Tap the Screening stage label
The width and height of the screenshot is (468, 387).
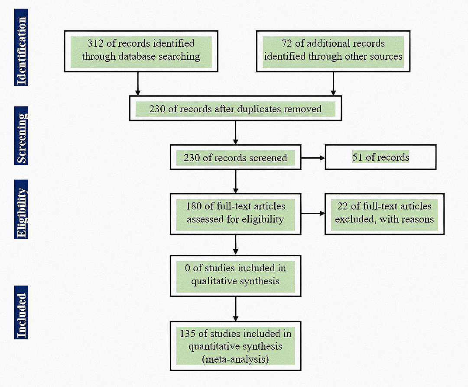(21, 137)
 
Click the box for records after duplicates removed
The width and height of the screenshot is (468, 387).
(235, 109)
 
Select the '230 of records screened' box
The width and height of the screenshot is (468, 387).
(235, 158)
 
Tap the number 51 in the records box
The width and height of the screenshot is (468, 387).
(357, 157)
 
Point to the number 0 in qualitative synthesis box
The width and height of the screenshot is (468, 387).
(188, 268)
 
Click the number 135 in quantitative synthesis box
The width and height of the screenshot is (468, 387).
(188, 334)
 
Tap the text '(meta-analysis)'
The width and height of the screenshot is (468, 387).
(235, 359)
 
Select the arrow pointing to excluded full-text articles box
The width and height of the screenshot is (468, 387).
(313, 214)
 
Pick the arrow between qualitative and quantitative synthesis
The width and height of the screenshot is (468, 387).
(235, 309)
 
